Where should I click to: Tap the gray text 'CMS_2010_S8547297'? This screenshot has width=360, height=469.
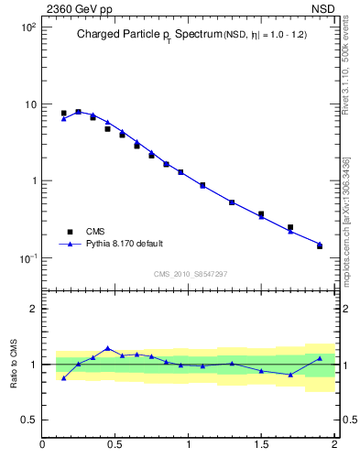190,274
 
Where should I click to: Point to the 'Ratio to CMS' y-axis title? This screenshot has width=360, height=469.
14,364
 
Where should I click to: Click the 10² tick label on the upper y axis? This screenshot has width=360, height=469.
28,27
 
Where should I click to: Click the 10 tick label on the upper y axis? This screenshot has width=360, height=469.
30,104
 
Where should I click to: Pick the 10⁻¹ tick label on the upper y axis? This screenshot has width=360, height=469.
28,257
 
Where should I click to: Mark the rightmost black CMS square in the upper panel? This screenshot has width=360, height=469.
320,245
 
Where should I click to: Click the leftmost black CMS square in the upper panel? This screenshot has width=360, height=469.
63,114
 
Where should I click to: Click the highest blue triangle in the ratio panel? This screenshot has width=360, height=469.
107,348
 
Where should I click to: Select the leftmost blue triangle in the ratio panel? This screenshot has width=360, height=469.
63,377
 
